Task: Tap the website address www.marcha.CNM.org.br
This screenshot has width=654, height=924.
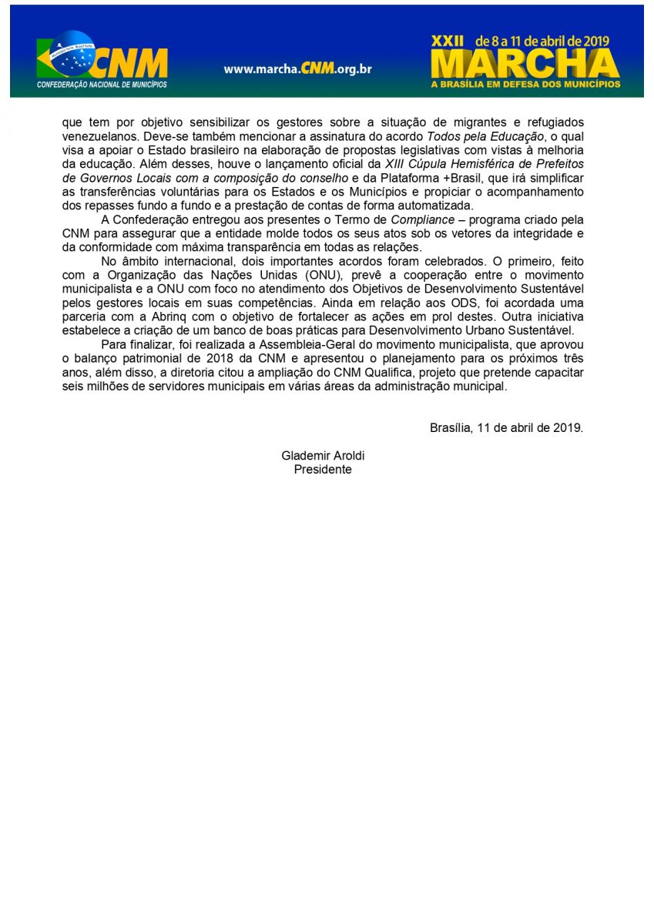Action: pyautogui.click(x=297, y=69)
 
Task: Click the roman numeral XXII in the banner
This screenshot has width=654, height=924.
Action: pyautogui.click(x=448, y=41)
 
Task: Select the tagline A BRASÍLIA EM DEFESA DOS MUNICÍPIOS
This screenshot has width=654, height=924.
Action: pyautogui.click(x=525, y=83)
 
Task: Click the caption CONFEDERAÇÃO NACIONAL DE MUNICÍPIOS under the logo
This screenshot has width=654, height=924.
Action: pyautogui.click(x=102, y=84)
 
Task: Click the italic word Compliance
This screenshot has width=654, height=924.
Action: pyautogui.click(x=422, y=219)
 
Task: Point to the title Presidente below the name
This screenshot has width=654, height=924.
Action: pyautogui.click(x=323, y=469)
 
